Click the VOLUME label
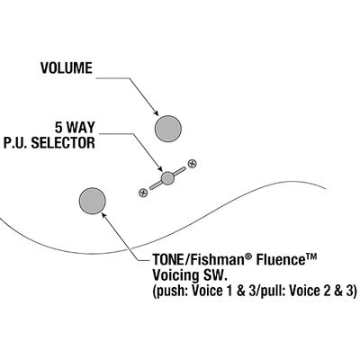pos(67,68)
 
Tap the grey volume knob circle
pos(168,129)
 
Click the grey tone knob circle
pos(93,201)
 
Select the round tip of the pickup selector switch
pos(167,178)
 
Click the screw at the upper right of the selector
pos(192,164)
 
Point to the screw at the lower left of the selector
pos(143,193)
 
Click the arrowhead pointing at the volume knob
pos(156,113)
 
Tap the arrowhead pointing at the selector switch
pos(160,169)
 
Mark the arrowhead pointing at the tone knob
pos(104,215)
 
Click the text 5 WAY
pos(75,128)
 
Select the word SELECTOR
pos(63,143)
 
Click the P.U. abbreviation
pos(15,143)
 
